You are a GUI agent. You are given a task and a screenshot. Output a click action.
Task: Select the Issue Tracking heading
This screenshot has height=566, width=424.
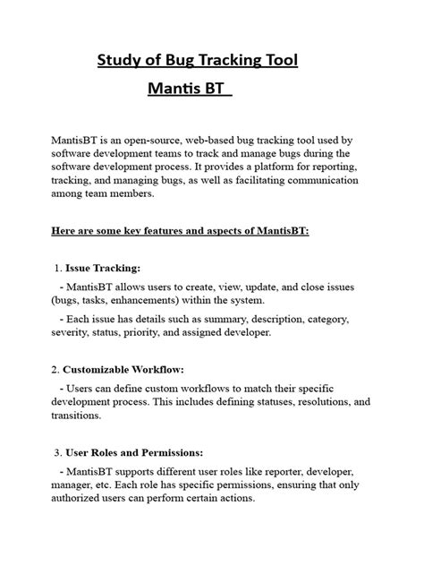[x=103, y=268]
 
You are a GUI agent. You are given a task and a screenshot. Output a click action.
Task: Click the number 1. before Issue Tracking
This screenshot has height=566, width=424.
[x=58, y=268]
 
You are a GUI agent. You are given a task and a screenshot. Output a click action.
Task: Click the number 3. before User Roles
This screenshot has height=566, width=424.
[x=58, y=452]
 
